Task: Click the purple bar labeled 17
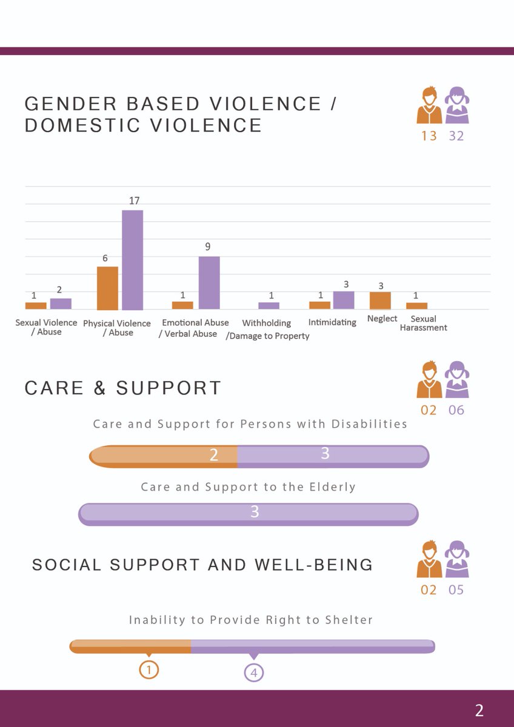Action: tap(133, 260)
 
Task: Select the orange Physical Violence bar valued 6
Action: tap(107, 288)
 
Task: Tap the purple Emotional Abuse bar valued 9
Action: tap(209, 283)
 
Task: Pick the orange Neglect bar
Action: tap(380, 300)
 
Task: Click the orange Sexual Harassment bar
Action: tap(416, 306)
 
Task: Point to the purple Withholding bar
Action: tap(269, 306)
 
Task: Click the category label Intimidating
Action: tap(332, 322)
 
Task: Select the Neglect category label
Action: tap(382, 319)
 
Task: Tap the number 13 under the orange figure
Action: tap(429, 136)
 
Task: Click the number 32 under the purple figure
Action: tap(456, 136)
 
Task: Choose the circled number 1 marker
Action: tap(149, 670)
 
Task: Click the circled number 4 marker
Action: tap(254, 673)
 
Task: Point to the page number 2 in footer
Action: tap(479, 711)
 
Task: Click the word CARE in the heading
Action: tap(54, 388)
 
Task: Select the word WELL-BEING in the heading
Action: tap(313, 565)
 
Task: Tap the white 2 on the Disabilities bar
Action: tap(213, 455)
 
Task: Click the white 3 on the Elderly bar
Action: tap(255, 511)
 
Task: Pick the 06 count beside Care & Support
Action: tap(456, 410)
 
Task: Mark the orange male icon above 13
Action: tap(429, 105)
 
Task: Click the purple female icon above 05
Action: tap(457, 559)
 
